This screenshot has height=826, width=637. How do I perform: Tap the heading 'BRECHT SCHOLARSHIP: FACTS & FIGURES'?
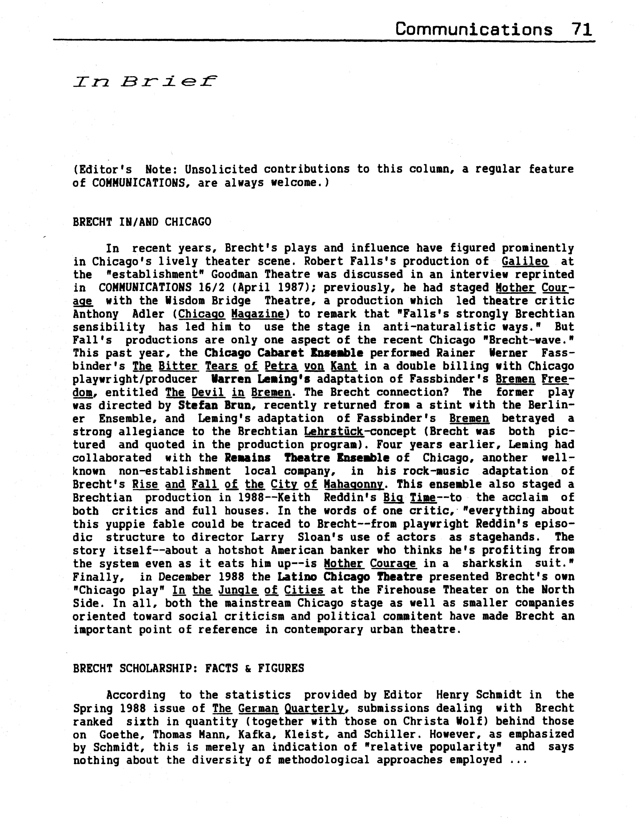tap(188, 668)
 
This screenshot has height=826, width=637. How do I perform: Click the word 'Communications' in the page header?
tap(473, 29)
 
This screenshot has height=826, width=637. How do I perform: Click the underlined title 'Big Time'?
tap(410, 498)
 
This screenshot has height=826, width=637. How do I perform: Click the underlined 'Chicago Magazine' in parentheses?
tap(231, 314)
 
